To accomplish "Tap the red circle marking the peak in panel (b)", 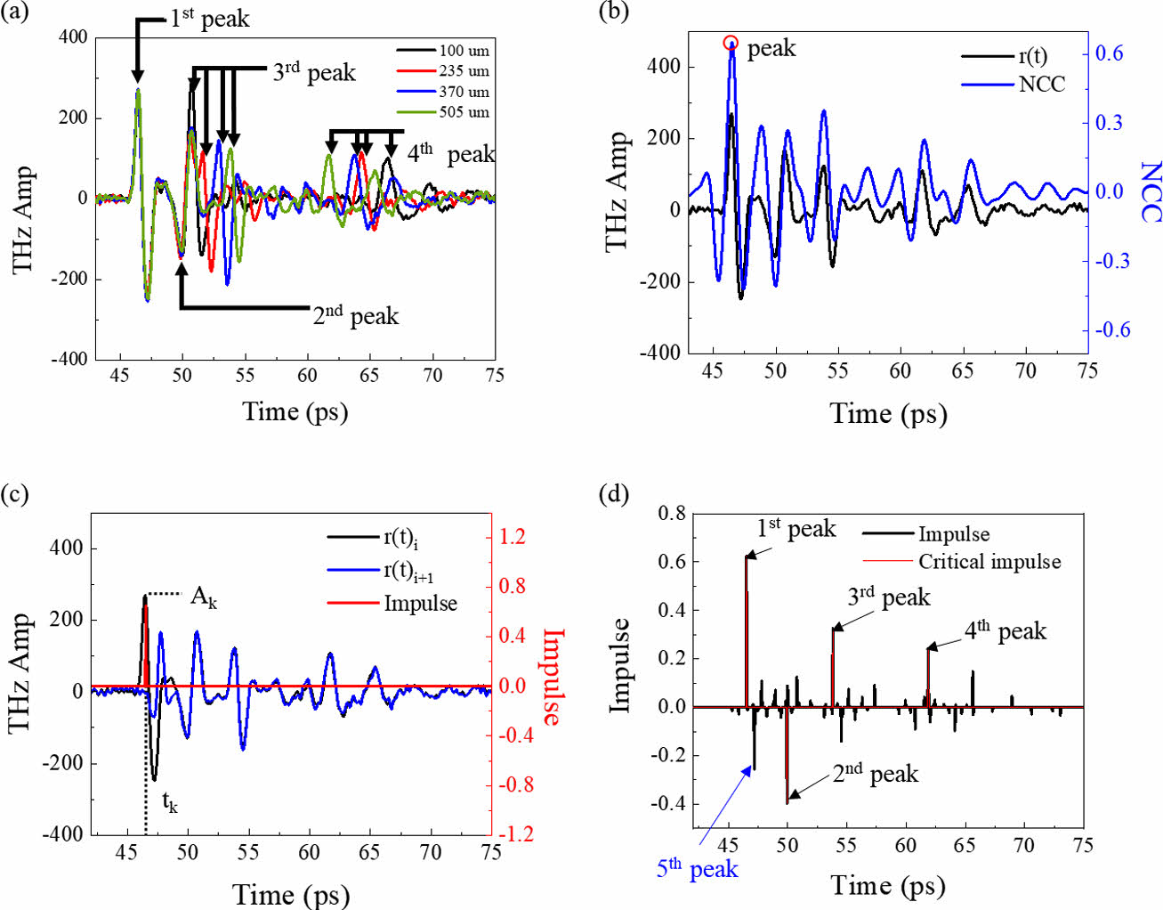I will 731,42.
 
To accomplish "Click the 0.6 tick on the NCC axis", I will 1109,53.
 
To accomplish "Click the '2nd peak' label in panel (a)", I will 355,316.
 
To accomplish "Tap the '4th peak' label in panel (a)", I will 450,154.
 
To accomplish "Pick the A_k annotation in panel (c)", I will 204,597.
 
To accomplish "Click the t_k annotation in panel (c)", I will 169,802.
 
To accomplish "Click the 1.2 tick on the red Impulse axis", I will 513,537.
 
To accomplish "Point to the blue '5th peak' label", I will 698,868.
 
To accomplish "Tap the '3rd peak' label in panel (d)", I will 888,597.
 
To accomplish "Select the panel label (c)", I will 15,493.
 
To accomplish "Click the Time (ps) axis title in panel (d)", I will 888,885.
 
